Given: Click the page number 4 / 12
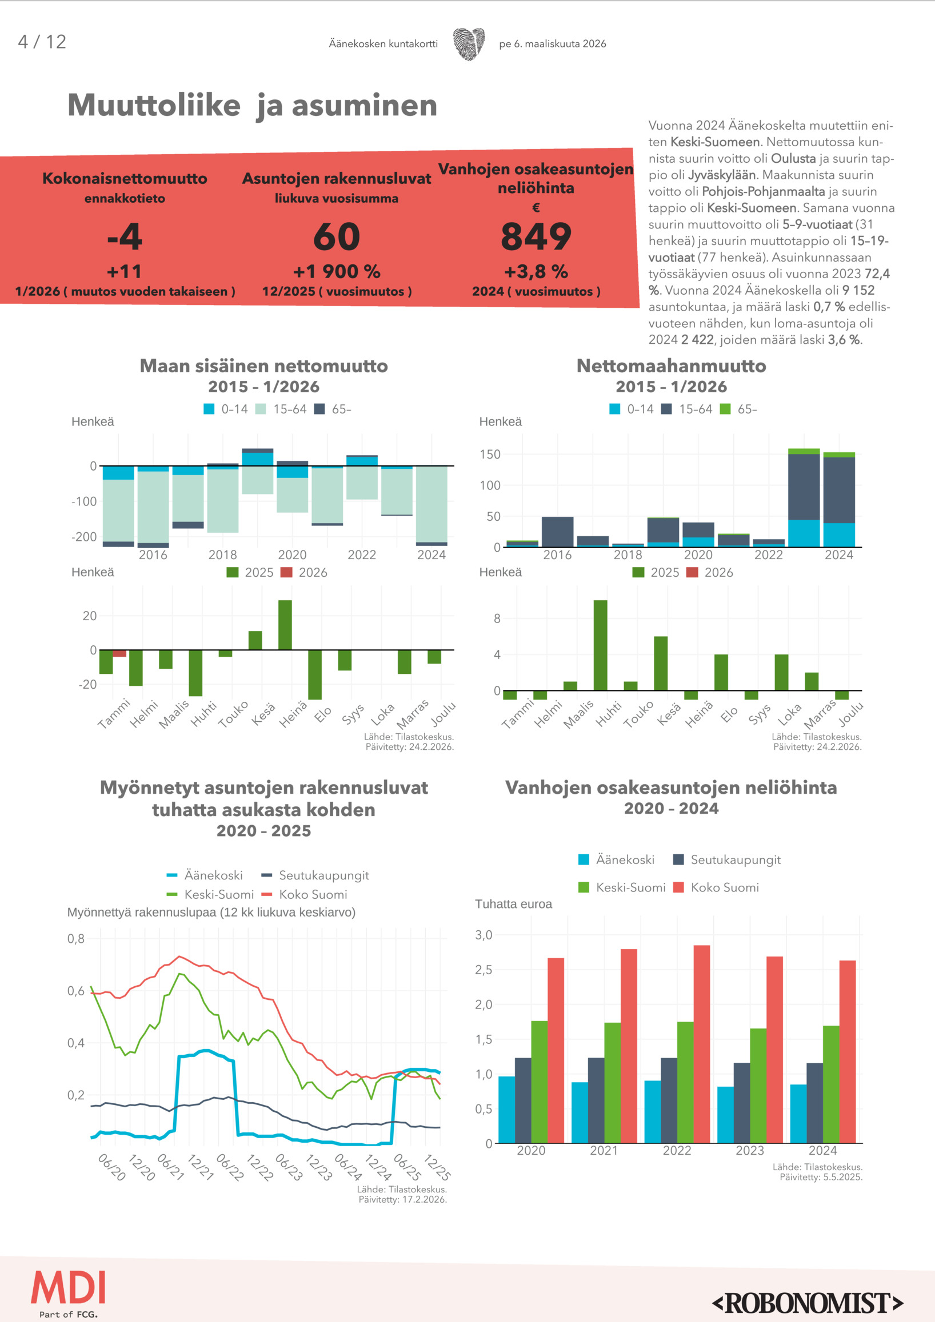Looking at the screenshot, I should [x=42, y=42].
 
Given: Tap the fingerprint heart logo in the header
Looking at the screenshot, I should [x=469, y=44].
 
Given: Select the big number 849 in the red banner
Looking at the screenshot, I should [x=536, y=236].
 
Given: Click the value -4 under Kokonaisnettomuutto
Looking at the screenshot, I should [x=125, y=236].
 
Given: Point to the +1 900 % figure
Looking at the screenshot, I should [x=337, y=272].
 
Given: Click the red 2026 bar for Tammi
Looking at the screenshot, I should [x=119, y=653].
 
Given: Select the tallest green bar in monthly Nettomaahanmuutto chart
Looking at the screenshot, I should [x=600, y=645].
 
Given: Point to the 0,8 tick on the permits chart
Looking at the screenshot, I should [x=76, y=939].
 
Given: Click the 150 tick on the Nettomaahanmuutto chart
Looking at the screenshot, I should [x=490, y=455].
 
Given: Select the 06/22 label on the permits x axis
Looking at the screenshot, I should [x=229, y=1167].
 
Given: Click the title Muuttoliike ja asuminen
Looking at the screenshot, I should [x=253, y=106].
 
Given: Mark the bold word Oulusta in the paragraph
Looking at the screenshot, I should [x=793, y=158].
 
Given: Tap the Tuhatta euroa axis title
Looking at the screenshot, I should [x=513, y=904].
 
